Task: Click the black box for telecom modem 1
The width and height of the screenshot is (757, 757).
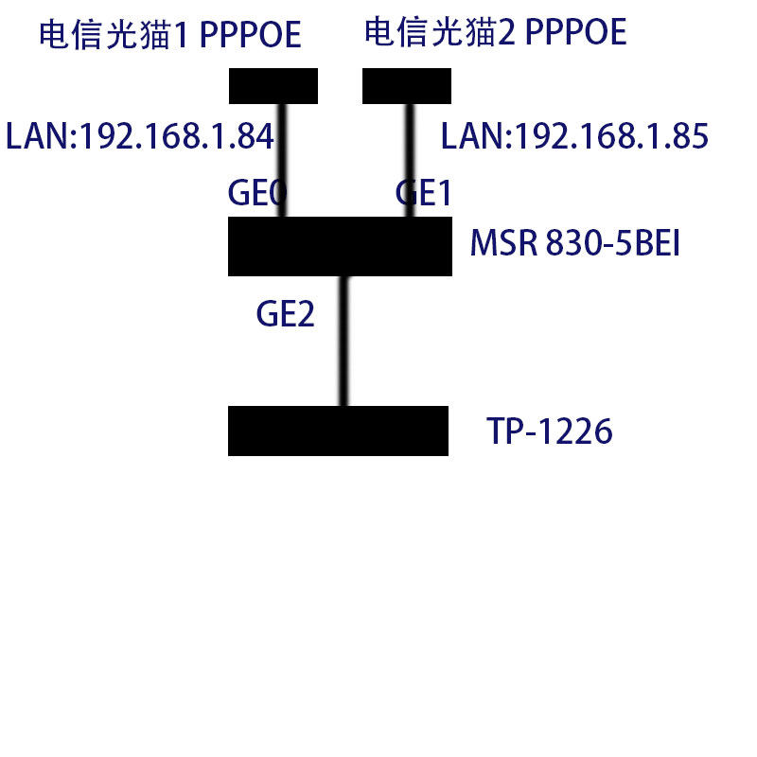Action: pos(273,86)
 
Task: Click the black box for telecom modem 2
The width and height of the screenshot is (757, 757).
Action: pos(407,86)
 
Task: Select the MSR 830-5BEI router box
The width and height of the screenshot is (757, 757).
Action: pos(340,246)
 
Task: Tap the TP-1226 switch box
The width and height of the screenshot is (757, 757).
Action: pos(338,431)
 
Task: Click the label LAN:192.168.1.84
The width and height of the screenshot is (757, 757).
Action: pos(140,137)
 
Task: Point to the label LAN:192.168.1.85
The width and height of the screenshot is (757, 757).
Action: pos(574,137)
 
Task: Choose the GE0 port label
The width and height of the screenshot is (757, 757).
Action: pos(256,194)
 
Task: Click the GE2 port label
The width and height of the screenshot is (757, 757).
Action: pos(285,314)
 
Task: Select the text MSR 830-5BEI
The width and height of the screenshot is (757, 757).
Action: pos(575,247)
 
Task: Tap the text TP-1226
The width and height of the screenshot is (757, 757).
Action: pos(550,432)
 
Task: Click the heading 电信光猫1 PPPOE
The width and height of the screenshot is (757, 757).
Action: pos(170,35)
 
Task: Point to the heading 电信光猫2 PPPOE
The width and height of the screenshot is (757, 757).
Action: pos(495,33)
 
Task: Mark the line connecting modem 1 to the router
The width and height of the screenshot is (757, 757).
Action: pos(281,161)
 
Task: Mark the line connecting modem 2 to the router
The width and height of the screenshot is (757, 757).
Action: pos(410,161)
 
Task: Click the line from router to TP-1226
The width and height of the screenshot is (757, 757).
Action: pos(344,341)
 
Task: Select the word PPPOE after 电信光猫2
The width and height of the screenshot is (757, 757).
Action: pos(575,33)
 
